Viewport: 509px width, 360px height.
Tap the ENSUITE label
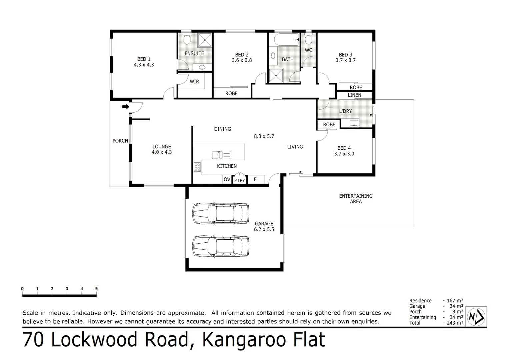[x=194, y=53]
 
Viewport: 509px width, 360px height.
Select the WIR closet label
[x=194, y=81]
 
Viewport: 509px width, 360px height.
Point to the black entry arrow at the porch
[x=126, y=107]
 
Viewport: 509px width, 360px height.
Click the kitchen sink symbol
[x=221, y=155]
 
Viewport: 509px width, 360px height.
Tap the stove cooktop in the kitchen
[x=197, y=167]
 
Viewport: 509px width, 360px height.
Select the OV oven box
[x=227, y=179]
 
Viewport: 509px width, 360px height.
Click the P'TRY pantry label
[x=239, y=180]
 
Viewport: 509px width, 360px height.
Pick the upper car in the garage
[x=220, y=213]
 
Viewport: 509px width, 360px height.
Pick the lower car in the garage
[x=220, y=246]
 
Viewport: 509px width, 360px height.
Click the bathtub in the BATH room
[x=287, y=40]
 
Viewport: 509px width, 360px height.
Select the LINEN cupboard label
[x=354, y=95]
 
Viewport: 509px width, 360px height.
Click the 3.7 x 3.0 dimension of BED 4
[x=344, y=154]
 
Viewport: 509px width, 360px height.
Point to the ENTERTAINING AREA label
[x=356, y=199]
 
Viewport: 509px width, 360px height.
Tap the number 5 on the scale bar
[x=96, y=289]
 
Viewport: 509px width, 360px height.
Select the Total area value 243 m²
[x=455, y=323]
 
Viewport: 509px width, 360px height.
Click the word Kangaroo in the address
[x=244, y=340]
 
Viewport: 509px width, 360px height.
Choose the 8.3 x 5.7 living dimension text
[x=264, y=136]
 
